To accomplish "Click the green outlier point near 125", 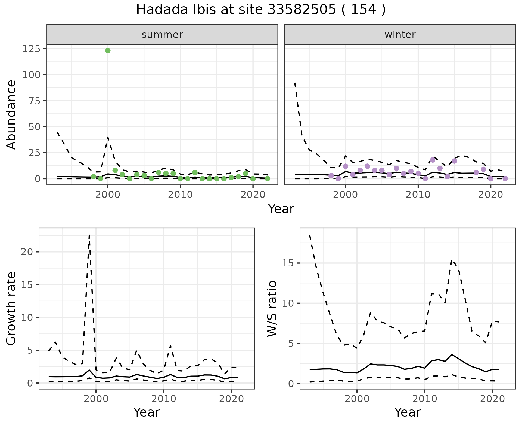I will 108,51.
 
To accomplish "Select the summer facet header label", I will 162,35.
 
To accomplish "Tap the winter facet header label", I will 400,35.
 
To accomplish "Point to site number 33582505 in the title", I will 301,10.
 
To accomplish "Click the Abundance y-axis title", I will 11,114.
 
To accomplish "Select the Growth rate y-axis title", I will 11,308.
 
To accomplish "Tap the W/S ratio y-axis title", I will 272,308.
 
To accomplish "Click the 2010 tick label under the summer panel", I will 180,195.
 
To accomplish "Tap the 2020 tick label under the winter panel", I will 490,195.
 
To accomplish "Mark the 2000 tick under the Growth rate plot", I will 96,399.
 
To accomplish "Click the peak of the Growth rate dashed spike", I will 89,235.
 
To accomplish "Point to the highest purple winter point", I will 433,160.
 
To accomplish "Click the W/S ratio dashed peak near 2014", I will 452,260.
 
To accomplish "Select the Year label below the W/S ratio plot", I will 408,412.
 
